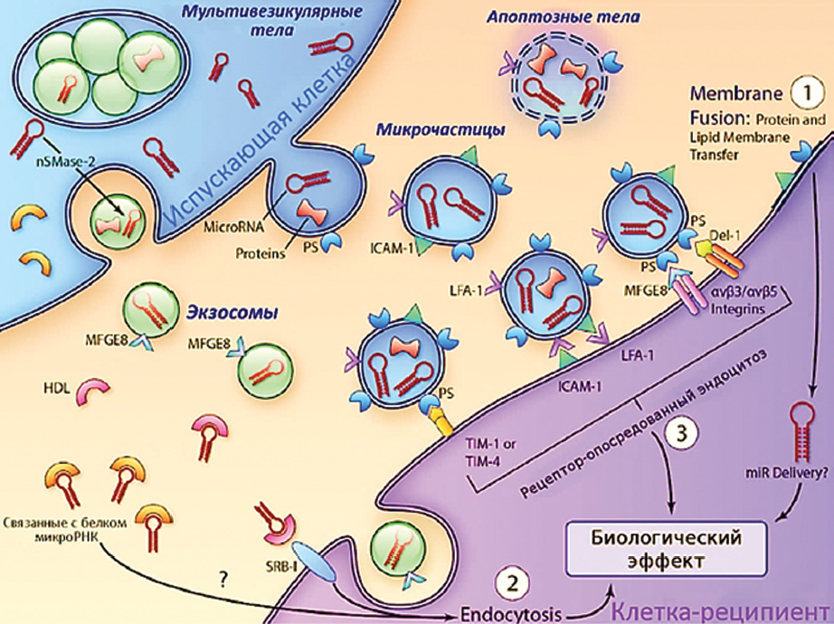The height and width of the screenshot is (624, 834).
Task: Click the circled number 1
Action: pyautogui.click(x=801, y=92)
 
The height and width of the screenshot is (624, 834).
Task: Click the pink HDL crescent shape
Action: pyautogui.click(x=93, y=392)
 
